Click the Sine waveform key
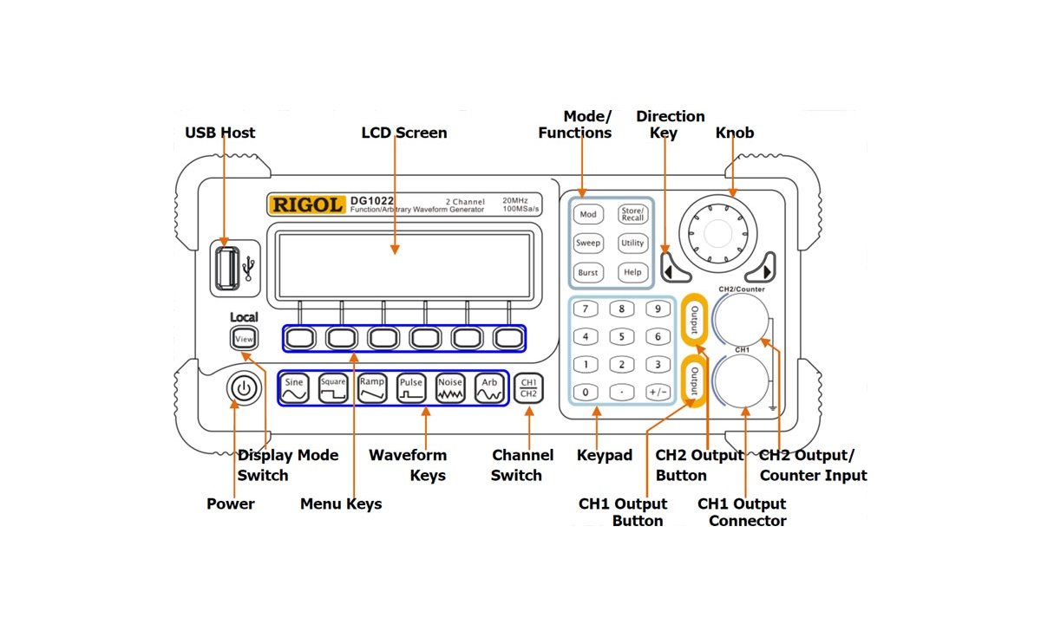click(294, 387)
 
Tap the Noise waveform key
click(449, 387)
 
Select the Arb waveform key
click(489, 387)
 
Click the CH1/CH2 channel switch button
click(528, 387)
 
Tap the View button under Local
click(244, 339)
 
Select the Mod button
click(588, 214)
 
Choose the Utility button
click(632, 244)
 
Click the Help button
click(632, 272)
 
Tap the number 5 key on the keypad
click(621, 336)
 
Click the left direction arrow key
click(674, 266)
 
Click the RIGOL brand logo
click(307, 205)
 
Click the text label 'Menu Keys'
click(341, 504)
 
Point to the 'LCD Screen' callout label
click(404, 133)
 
